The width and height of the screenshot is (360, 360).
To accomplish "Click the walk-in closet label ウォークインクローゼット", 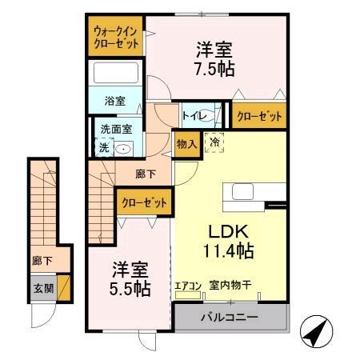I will point(116,37).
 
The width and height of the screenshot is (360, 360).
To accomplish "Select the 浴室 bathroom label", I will point(115,101).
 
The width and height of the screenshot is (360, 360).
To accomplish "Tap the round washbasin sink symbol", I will point(123,148).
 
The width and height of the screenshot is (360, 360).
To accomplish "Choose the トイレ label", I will point(192,116).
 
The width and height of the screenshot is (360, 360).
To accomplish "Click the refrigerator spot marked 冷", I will point(214,143).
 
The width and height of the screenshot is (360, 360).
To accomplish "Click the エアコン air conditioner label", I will point(187,284).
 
